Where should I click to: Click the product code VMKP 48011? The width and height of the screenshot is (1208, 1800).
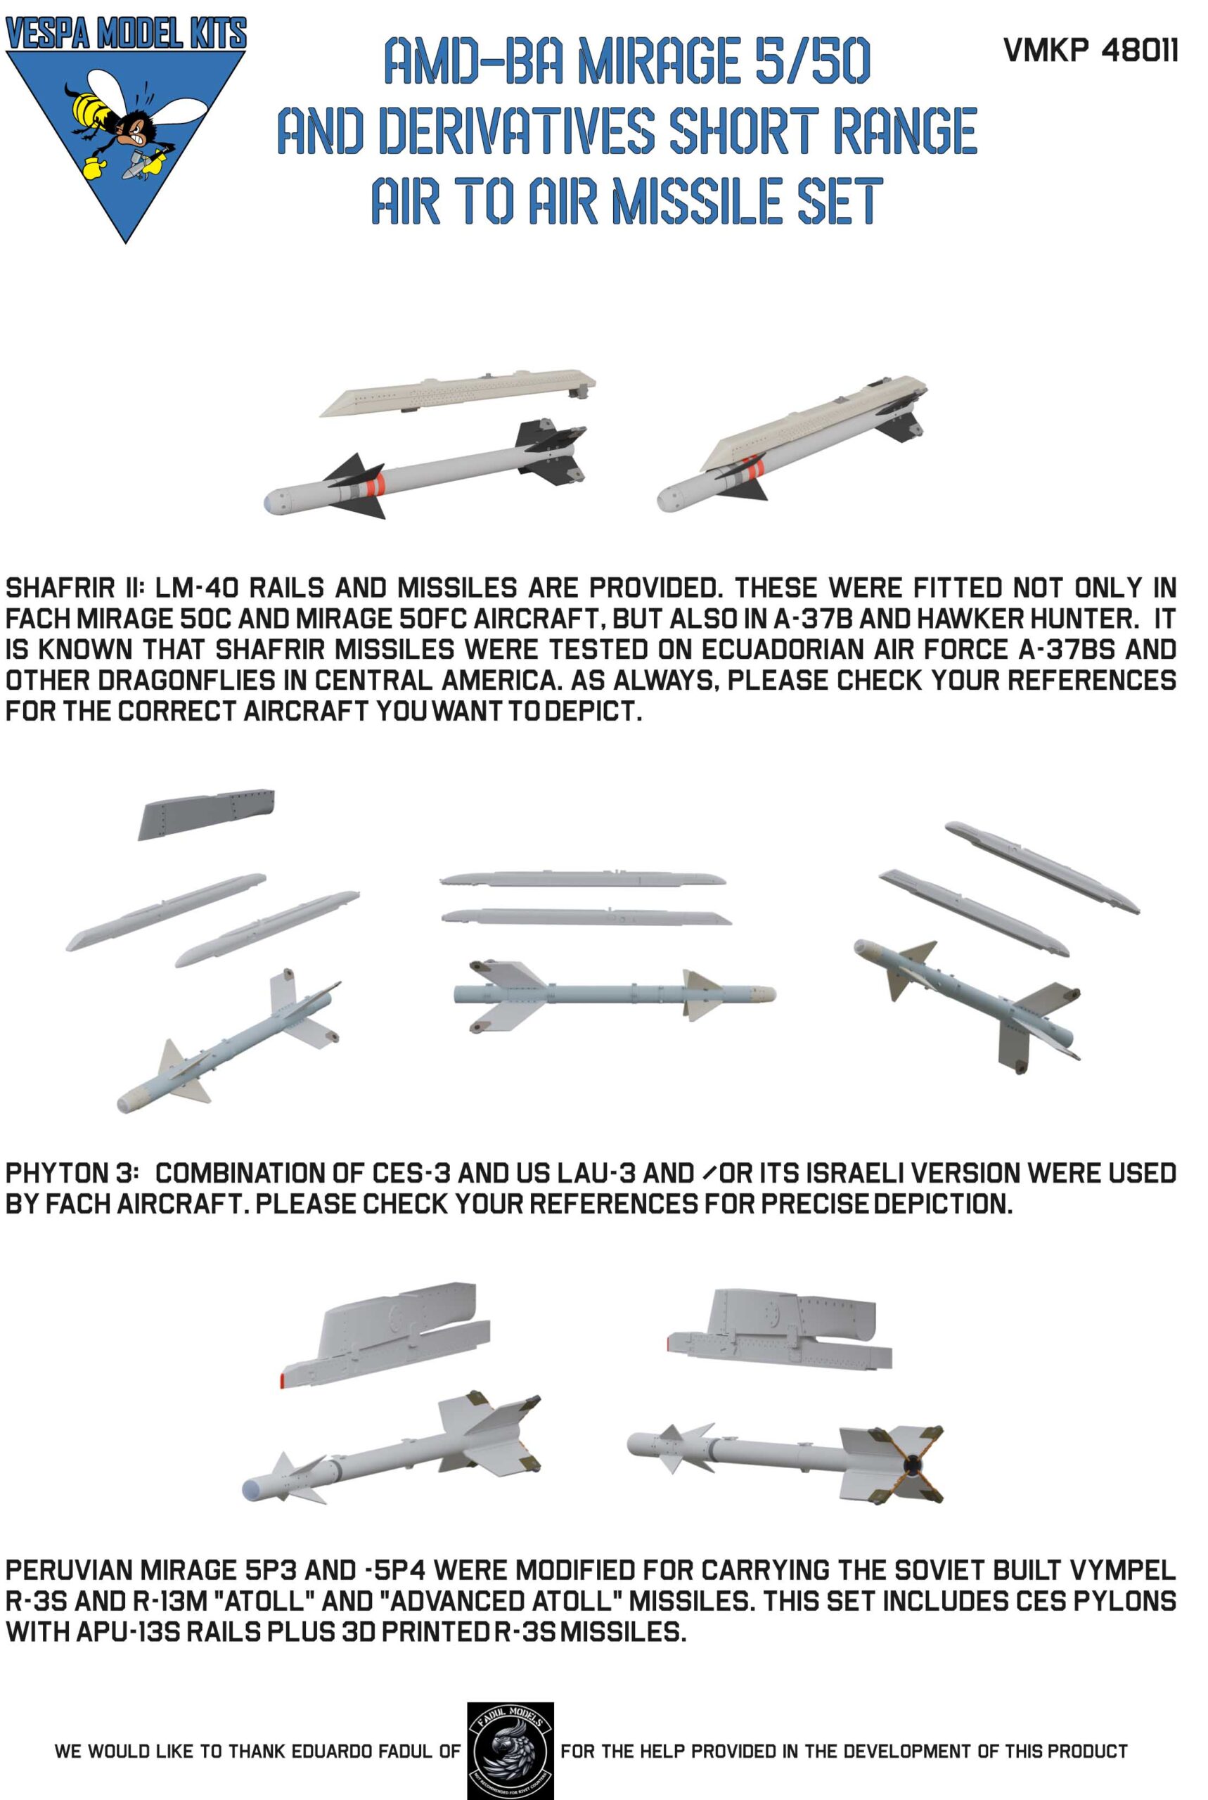[x=1090, y=51]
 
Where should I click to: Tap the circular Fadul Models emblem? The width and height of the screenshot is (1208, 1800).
[x=510, y=1751]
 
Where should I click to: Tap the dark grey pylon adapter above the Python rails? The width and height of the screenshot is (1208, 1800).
[x=207, y=814]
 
